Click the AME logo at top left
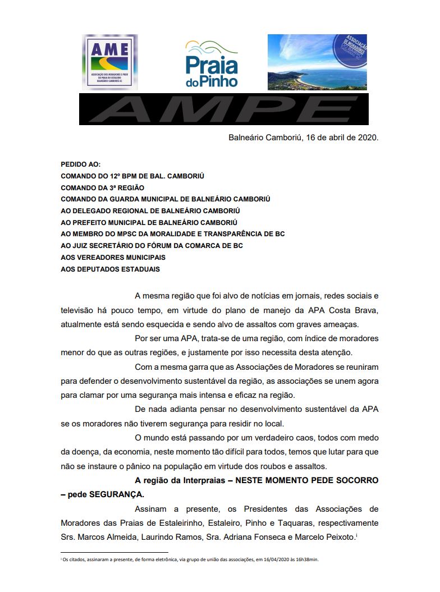click(109, 61)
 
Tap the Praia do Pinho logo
click(212, 63)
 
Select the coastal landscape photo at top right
click(317, 62)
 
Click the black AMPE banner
click(223, 109)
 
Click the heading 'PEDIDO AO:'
click(80, 164)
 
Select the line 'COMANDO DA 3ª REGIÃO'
click(103, 187)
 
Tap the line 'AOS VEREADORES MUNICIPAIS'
click(113, 258)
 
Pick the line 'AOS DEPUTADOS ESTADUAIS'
click(110, 269)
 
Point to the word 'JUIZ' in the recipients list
click(80, 246)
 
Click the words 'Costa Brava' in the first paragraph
click(353, 310)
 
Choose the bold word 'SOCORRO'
click(356, 481)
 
